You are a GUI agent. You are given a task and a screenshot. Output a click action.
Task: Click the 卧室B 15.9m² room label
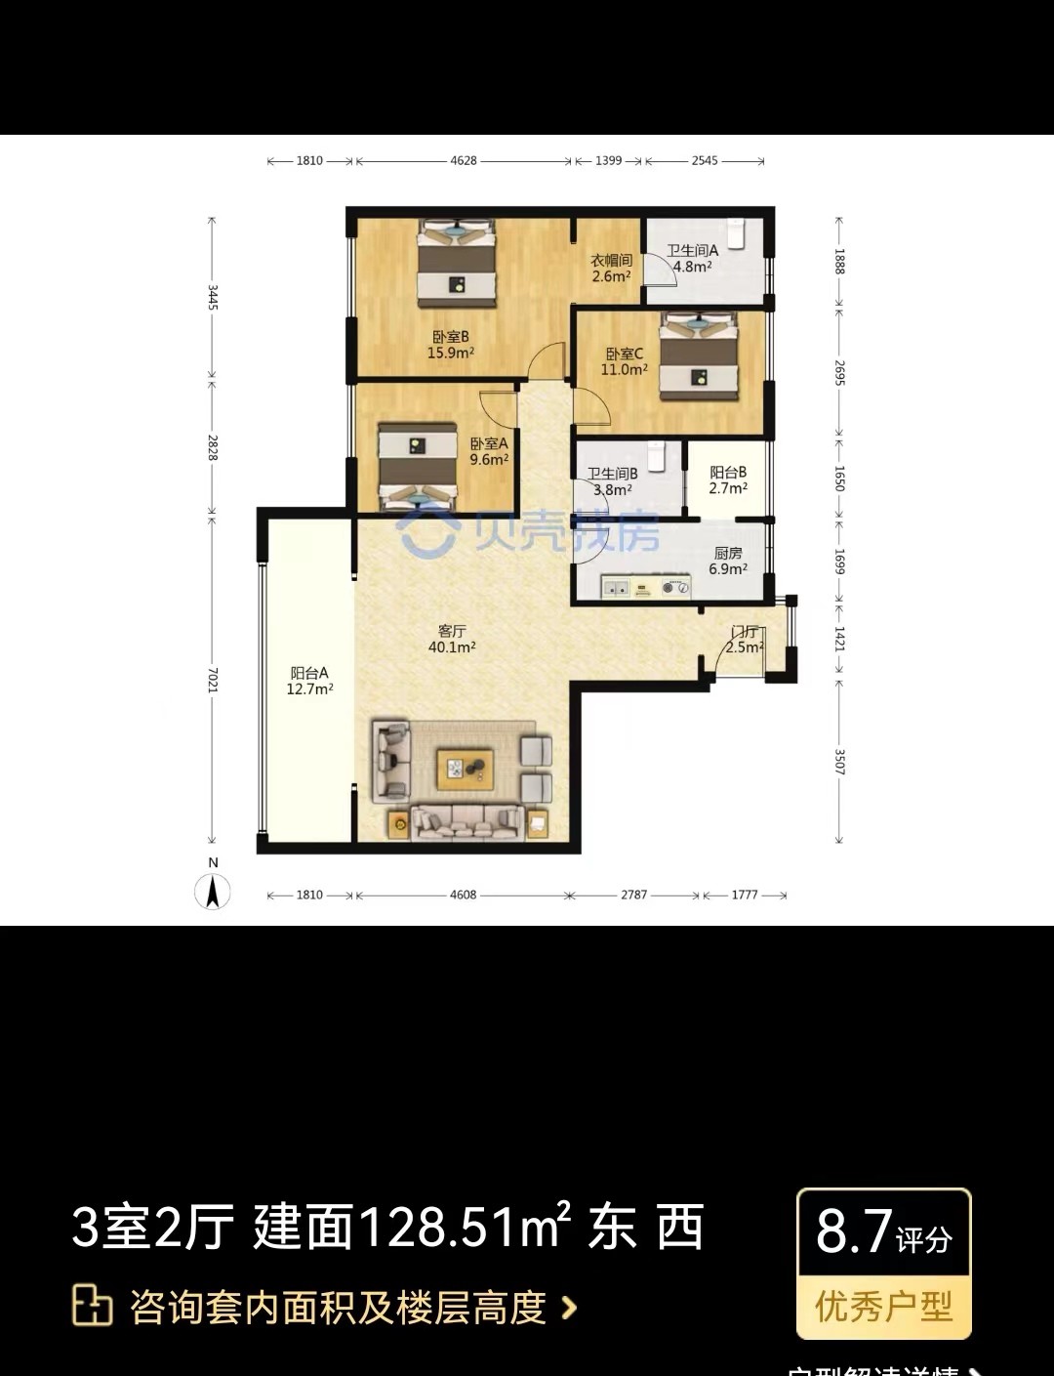[450, 345]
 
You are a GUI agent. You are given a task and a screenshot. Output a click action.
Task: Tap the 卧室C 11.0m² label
[625, 361]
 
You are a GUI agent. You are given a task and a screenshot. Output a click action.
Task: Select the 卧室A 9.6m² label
[488, 451]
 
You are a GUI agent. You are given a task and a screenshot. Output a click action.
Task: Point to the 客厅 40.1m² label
[452, 639]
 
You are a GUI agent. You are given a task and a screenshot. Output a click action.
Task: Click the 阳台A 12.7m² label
[309, 681]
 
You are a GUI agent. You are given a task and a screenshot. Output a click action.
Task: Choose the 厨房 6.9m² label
[728, 561]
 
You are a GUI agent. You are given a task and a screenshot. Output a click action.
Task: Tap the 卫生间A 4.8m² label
[692, 258]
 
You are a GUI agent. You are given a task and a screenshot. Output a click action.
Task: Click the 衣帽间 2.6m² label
[611, 269]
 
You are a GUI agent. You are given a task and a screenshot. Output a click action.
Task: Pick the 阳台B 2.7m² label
[728, 480]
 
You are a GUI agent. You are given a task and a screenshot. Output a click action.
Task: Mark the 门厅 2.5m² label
[744, 640]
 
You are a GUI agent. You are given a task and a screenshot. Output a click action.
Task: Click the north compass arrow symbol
[213, 890]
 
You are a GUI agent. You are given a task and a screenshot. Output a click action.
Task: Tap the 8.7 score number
[854, 1231]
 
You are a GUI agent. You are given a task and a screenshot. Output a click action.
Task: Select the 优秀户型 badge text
[883, 1306]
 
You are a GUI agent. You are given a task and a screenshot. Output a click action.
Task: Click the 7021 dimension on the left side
[213, 681]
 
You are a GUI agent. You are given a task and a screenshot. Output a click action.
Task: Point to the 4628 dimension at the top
[464, 161]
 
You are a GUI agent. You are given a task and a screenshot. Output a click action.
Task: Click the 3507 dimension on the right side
[839, 762]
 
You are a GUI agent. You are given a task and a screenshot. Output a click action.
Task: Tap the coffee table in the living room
[466, 770]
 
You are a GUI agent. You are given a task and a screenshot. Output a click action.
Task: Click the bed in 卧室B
[457, 258]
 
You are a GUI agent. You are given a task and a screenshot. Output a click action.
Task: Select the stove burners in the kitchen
[674, 587]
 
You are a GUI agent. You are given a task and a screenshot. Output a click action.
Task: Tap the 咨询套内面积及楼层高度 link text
[338, 1308]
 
